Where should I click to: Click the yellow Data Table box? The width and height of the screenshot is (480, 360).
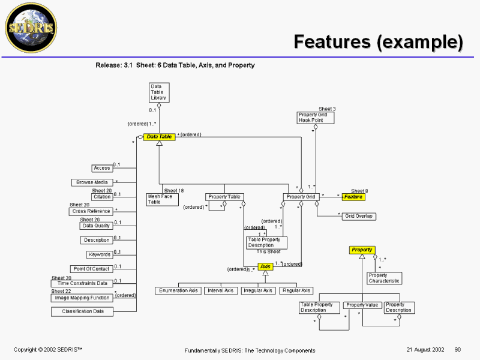click(x=159, y=137)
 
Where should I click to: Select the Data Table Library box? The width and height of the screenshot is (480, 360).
click(x=158, y=92)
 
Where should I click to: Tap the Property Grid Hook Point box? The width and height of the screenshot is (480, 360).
click(x=316, y=118)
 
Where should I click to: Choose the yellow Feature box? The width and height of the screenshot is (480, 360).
click(x=353, y=197)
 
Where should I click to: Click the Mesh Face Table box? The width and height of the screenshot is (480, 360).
click(x=160, y=199)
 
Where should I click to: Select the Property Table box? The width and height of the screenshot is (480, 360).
click(x=224, y=197)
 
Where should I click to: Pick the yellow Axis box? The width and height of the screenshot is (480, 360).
click(x=265, y=266)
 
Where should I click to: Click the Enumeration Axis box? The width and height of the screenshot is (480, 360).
click(x=178, y=290)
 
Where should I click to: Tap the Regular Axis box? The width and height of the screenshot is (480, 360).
click(x=296, y=290)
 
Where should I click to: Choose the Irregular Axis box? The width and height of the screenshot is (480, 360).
click(x=258, y=290)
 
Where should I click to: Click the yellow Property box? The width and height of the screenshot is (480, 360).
click(x=362, y=250)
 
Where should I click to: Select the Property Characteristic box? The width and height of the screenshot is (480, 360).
click(x=384, y=278)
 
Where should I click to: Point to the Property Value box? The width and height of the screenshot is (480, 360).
click(x=362, y=305)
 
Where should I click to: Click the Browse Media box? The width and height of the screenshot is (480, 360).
click(x=92, y=182)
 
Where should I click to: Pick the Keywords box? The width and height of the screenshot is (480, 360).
click(x=100, y=254)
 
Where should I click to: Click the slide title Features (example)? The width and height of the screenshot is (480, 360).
click(x=378, y=42)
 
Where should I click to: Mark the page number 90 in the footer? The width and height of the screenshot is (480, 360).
click(x=458, y=349)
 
